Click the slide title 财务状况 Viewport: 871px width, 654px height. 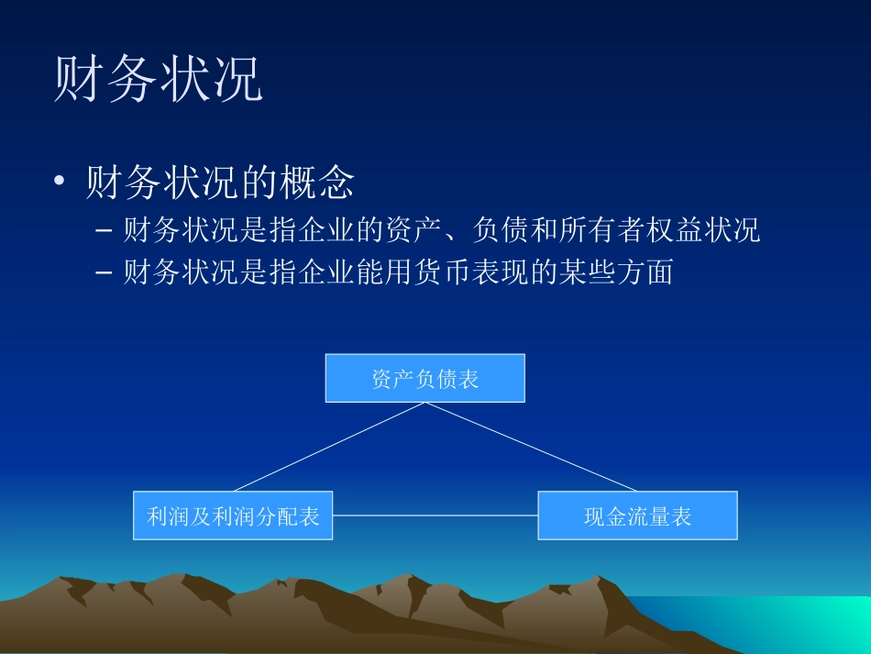coord(159,81)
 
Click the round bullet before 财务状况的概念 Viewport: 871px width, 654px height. coord(61,183)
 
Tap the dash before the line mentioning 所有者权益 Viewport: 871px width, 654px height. coord(104,231)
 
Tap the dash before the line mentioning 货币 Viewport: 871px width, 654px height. coord(104,272)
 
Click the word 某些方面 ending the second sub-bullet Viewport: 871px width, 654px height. coord(607,272)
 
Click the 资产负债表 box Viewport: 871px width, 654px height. coord(424,378)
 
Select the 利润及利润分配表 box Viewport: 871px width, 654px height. coord(233,515)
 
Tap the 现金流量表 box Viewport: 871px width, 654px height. coord(637,515)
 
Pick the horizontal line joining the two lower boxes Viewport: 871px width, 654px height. coord(435,515)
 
